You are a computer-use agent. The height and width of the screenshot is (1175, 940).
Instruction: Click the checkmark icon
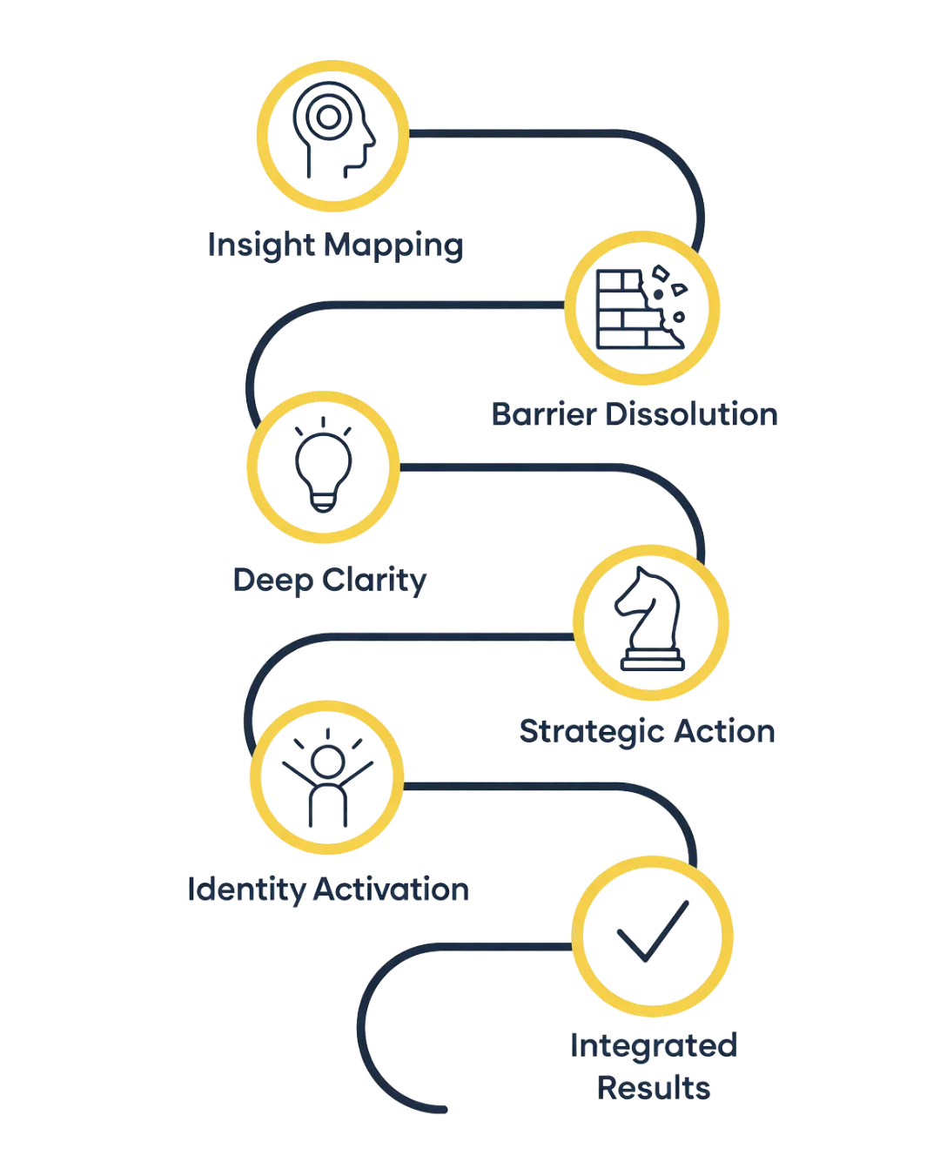click(652, 931)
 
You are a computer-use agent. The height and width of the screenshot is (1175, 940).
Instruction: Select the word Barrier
click(544, 413)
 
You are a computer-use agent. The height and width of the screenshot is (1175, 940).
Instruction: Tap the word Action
click(726, 731)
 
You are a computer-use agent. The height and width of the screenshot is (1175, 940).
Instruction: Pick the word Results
click(654, 1087)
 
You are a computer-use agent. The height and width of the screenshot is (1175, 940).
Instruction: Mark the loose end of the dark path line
click(444, 1110)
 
